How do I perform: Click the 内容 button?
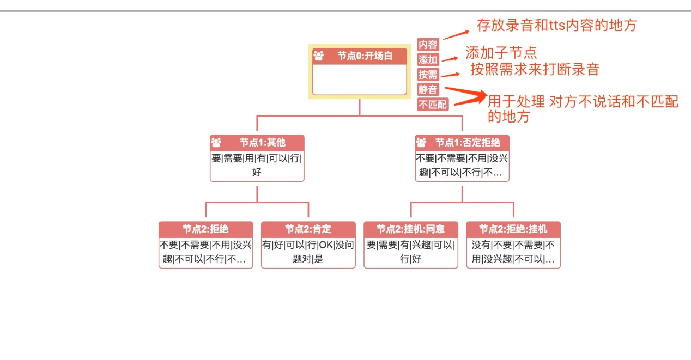tap(428, 45)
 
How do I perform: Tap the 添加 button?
tap(428, 59)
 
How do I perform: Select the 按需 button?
tap(428, 75)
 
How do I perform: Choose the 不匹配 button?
tap(433, 105)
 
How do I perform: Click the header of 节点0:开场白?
tap(365, 56)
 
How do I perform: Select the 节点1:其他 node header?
tap(262, 143)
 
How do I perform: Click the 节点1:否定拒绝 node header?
tap(467, 143)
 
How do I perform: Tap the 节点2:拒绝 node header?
tap(205, 229)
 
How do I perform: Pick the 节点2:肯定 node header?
tap(308, 229)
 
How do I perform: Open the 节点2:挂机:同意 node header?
tap(410, 229)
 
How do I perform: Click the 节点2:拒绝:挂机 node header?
tap(513, 229)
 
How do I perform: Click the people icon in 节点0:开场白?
tap(319, 56)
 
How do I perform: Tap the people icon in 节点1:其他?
tap(216, 143)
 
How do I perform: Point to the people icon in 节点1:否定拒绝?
tap(421, 143)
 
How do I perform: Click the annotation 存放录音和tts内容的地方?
tap(556, 25)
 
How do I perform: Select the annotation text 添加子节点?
tap(501, 53)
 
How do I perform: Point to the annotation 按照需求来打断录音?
tap(535, 69)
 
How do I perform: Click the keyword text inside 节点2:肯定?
tap(308, 252)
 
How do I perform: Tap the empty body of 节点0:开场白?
tap(360, 80)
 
